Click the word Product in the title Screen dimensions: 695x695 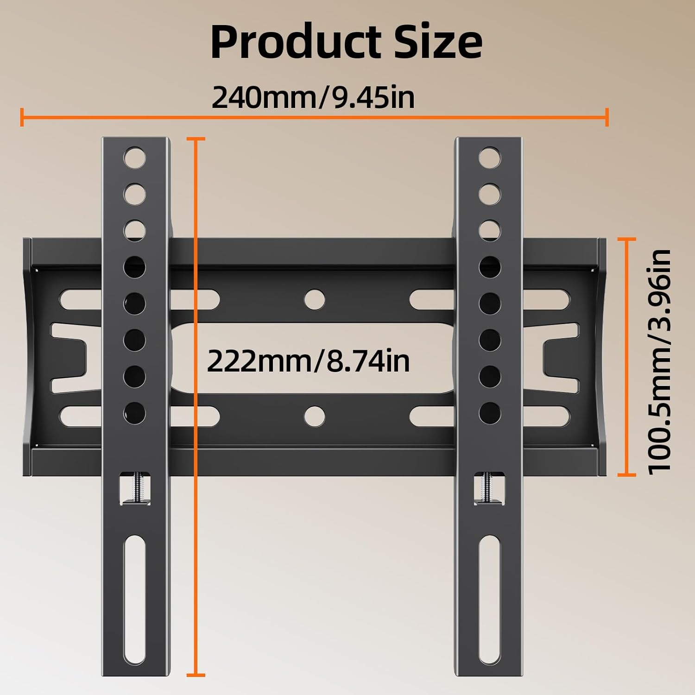[295, 43]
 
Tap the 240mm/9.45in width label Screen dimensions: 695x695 [313, 97]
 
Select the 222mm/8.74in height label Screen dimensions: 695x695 [308, 361]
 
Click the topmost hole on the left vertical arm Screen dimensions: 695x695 [134, 158]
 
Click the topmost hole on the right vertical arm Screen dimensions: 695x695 [489, 158]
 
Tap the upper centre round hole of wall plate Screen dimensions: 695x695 [315, 299]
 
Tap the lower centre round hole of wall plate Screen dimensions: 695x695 [315, 416]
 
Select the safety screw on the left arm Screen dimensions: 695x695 [135, 488]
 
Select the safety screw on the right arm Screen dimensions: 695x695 [489, 488]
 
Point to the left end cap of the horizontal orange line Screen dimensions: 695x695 [22, 117]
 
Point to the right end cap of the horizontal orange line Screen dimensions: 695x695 [607, 117]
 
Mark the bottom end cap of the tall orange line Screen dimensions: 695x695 [196, 675]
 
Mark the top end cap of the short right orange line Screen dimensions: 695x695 [627, 239]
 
